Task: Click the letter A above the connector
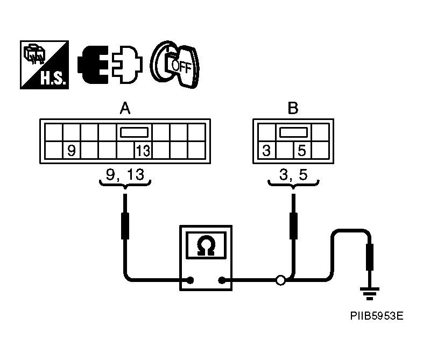click(125, 109)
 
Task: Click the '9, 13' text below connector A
click(125, 174)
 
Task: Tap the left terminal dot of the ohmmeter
click(189, 280)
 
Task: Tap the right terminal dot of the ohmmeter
click(221, 280)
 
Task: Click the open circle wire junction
click(280, 280)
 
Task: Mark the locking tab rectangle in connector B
click(292, 132)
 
